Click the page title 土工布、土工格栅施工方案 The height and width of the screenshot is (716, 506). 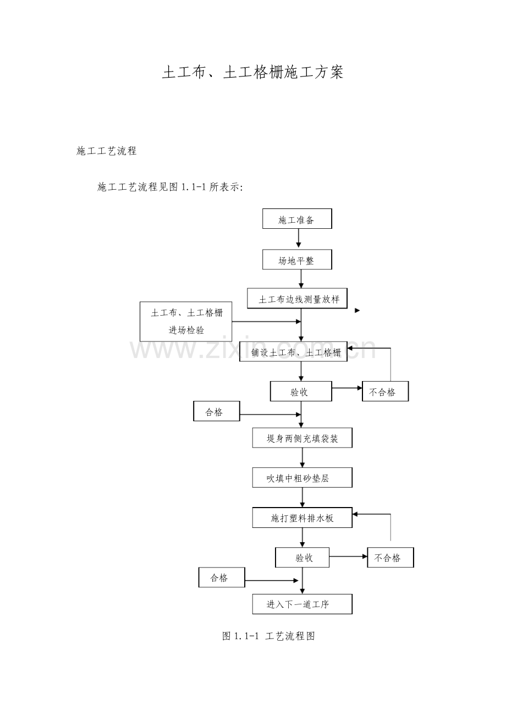(252, 72)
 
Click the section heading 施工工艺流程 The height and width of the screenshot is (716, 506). (107, 151)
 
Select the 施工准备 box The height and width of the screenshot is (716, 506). (297, 219)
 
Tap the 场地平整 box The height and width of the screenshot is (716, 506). (297, 260)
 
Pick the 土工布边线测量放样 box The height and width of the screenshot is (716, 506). (297, 299)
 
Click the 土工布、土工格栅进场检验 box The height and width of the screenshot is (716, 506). (186, 321)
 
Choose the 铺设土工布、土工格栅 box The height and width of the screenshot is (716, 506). (294, 351)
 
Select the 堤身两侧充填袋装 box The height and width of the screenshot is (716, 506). (302, 438)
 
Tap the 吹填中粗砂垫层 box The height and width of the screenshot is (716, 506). (302, 477)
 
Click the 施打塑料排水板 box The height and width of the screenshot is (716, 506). (302, 517)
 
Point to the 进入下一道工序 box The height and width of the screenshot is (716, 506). (302, 604)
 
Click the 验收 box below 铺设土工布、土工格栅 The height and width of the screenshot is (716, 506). (301, 391)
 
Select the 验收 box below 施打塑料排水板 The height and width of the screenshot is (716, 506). (302, 558)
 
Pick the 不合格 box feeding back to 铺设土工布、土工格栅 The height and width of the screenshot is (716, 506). (385, 391)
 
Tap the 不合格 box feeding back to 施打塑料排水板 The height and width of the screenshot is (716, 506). (391, 558)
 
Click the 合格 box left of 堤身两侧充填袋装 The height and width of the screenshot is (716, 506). (217, 411)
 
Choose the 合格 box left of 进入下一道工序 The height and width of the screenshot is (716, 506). (222, 577)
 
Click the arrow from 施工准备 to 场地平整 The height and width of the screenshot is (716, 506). (299, 238)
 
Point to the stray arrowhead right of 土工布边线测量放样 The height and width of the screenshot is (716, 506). (358, 310)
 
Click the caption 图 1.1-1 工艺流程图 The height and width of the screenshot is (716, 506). (268, 636)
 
